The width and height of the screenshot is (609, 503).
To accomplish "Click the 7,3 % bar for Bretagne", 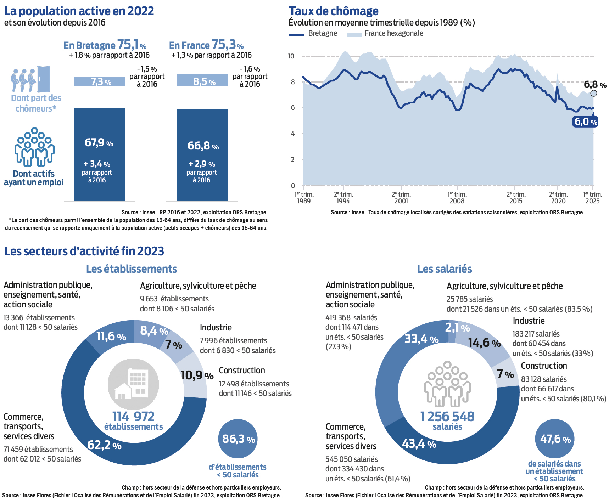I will point(100,81).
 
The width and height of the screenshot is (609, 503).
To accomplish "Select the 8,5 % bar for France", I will point(202,81).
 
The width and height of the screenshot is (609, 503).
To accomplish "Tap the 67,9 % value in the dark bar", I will point(99,143).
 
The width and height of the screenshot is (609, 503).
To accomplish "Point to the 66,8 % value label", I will point(203,146).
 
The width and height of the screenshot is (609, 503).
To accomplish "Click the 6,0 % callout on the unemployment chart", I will point(586,122).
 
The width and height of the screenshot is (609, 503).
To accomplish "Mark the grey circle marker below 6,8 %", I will point(594,93).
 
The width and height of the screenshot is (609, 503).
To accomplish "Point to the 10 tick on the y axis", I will point(291,56).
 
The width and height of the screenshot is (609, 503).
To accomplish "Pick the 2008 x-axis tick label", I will point(457,198).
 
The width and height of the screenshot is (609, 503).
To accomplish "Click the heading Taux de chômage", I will point(334,11).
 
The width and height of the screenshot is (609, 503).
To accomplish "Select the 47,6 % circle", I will point(555,439).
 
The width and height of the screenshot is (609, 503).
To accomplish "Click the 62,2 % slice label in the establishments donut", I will point(104,445).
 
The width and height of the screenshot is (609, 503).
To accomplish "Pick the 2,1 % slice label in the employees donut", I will point(457,328).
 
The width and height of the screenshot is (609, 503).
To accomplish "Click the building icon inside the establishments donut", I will point(133,384).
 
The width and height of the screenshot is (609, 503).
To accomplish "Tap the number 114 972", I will point(133,416).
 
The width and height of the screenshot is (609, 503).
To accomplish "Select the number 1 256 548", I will point(447,416).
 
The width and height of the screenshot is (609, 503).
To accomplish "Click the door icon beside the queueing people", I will point(44,79).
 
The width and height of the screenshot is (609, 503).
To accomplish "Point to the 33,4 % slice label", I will point(421,339).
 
